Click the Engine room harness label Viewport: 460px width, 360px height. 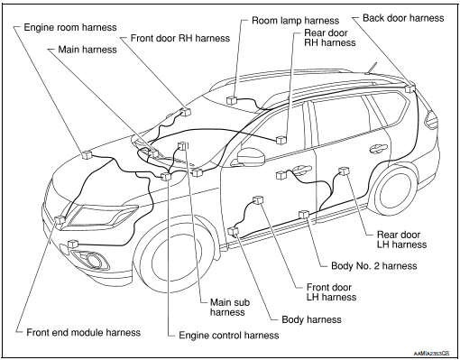[70, 27]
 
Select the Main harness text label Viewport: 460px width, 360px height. [87, 50]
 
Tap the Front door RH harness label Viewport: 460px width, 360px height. [180, 38]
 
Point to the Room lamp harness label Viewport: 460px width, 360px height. [295, 21]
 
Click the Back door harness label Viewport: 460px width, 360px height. [403, 18]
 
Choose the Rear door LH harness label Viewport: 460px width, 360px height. [401, 239]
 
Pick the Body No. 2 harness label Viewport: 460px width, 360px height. [374, 266]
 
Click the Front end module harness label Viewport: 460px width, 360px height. [84, 332]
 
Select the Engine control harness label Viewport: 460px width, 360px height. [229, 335]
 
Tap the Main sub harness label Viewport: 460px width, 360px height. [230, 307]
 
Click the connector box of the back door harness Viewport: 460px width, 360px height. [409, 88]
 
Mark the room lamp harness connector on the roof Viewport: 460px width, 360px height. [231, 100]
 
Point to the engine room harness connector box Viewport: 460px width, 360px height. [87, 154]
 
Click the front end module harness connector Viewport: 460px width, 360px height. [60, 220]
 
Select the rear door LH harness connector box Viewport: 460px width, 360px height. [345, 171]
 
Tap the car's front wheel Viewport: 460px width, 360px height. [175, 261]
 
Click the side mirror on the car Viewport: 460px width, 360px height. [251, 156]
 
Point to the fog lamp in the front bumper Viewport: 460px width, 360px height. [90, 258]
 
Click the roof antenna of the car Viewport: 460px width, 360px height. [371, 68]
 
